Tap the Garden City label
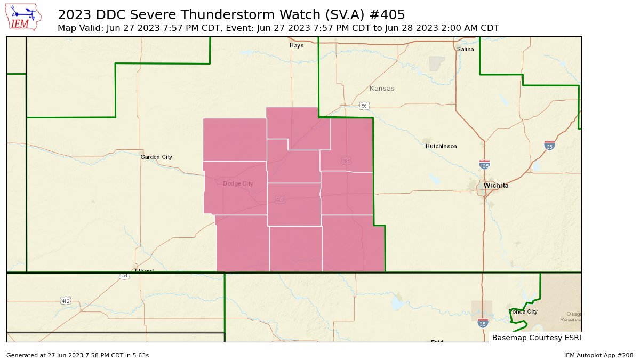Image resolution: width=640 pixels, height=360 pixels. (x=156, y=157)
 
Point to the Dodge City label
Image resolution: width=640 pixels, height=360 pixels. (x=238, y=183)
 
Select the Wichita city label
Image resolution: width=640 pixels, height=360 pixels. (x=496, y=186)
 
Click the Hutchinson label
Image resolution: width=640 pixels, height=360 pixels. (x=441, y=146)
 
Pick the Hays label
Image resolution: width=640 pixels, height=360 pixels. (x=297, y=45)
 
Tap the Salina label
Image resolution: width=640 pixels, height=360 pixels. (x=465, y=49)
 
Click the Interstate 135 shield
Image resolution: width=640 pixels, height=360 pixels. (x=484, y=165)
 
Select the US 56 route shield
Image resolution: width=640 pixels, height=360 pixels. (x=364, y=106)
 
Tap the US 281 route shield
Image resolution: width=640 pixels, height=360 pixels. (x=346, y=161)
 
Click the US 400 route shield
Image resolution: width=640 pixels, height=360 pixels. (x=280, y=200)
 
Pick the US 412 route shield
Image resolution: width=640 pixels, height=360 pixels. (x=65, y=301)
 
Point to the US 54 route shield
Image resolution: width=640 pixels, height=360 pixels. (x=124, y=276)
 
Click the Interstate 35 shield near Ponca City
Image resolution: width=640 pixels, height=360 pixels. (x=482, y=323)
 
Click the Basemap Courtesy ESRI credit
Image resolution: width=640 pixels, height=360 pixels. (x=535, y=338)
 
